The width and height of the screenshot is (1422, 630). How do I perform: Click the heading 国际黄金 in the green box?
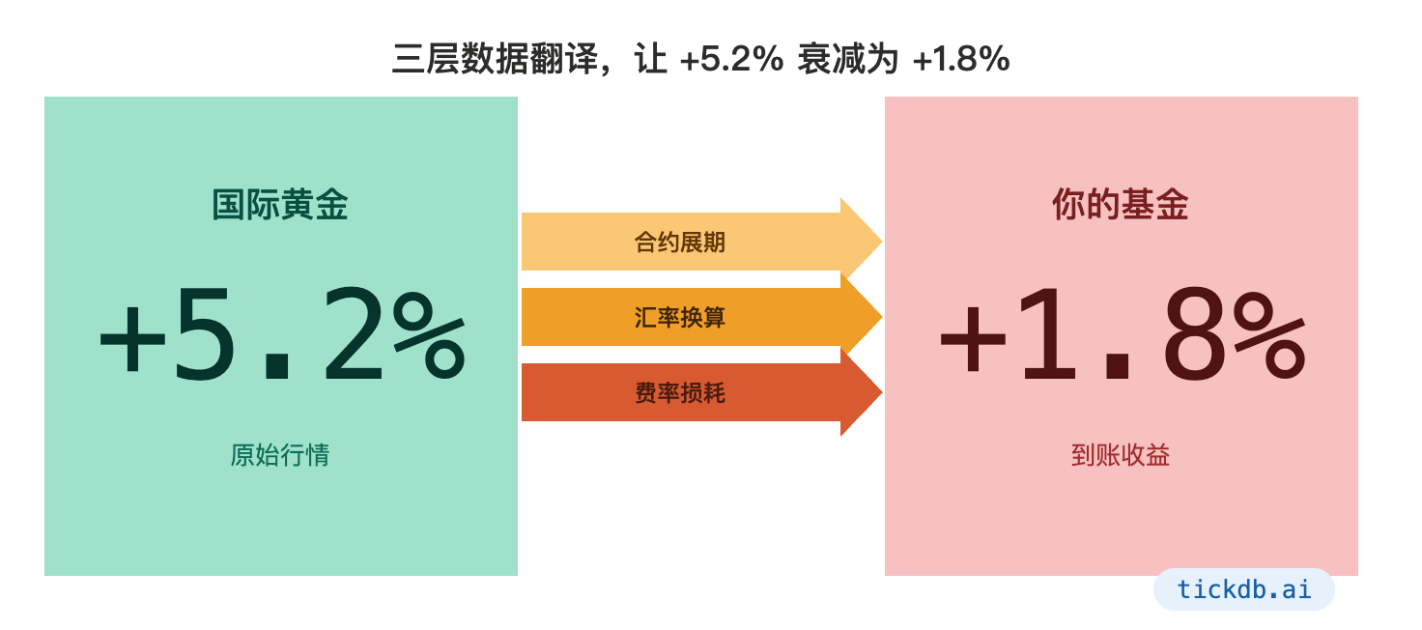point(280,205)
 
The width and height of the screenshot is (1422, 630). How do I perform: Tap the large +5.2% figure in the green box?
point(282,333)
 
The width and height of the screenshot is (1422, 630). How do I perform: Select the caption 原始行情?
point(280,455)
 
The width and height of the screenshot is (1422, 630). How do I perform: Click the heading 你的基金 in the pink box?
point(1121,205)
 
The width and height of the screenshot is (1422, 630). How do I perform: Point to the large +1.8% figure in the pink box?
point(1123,333)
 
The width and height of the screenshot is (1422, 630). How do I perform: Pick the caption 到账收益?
point(1121,455)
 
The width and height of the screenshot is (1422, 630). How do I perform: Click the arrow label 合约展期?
point(680,242)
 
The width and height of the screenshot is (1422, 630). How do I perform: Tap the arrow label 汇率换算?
point(680,317)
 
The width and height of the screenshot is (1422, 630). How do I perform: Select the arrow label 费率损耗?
point(680,392)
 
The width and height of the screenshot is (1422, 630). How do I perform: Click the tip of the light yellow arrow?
point(882,242)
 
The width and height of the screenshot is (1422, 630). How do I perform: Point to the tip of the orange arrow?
point(882,316)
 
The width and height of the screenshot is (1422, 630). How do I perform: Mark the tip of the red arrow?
point(882,392)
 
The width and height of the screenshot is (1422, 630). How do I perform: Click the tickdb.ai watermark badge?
point(1243,589)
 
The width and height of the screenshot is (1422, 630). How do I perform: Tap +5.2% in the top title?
point(731,59)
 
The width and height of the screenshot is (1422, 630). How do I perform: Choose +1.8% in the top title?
point(961,59)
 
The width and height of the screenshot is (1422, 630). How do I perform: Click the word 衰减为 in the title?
point(848,59)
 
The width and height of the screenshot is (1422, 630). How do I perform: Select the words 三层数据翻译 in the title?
point(496,59)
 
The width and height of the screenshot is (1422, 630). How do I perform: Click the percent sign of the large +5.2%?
point(430,335)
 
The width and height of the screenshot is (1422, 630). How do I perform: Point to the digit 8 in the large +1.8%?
point(1195,333)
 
